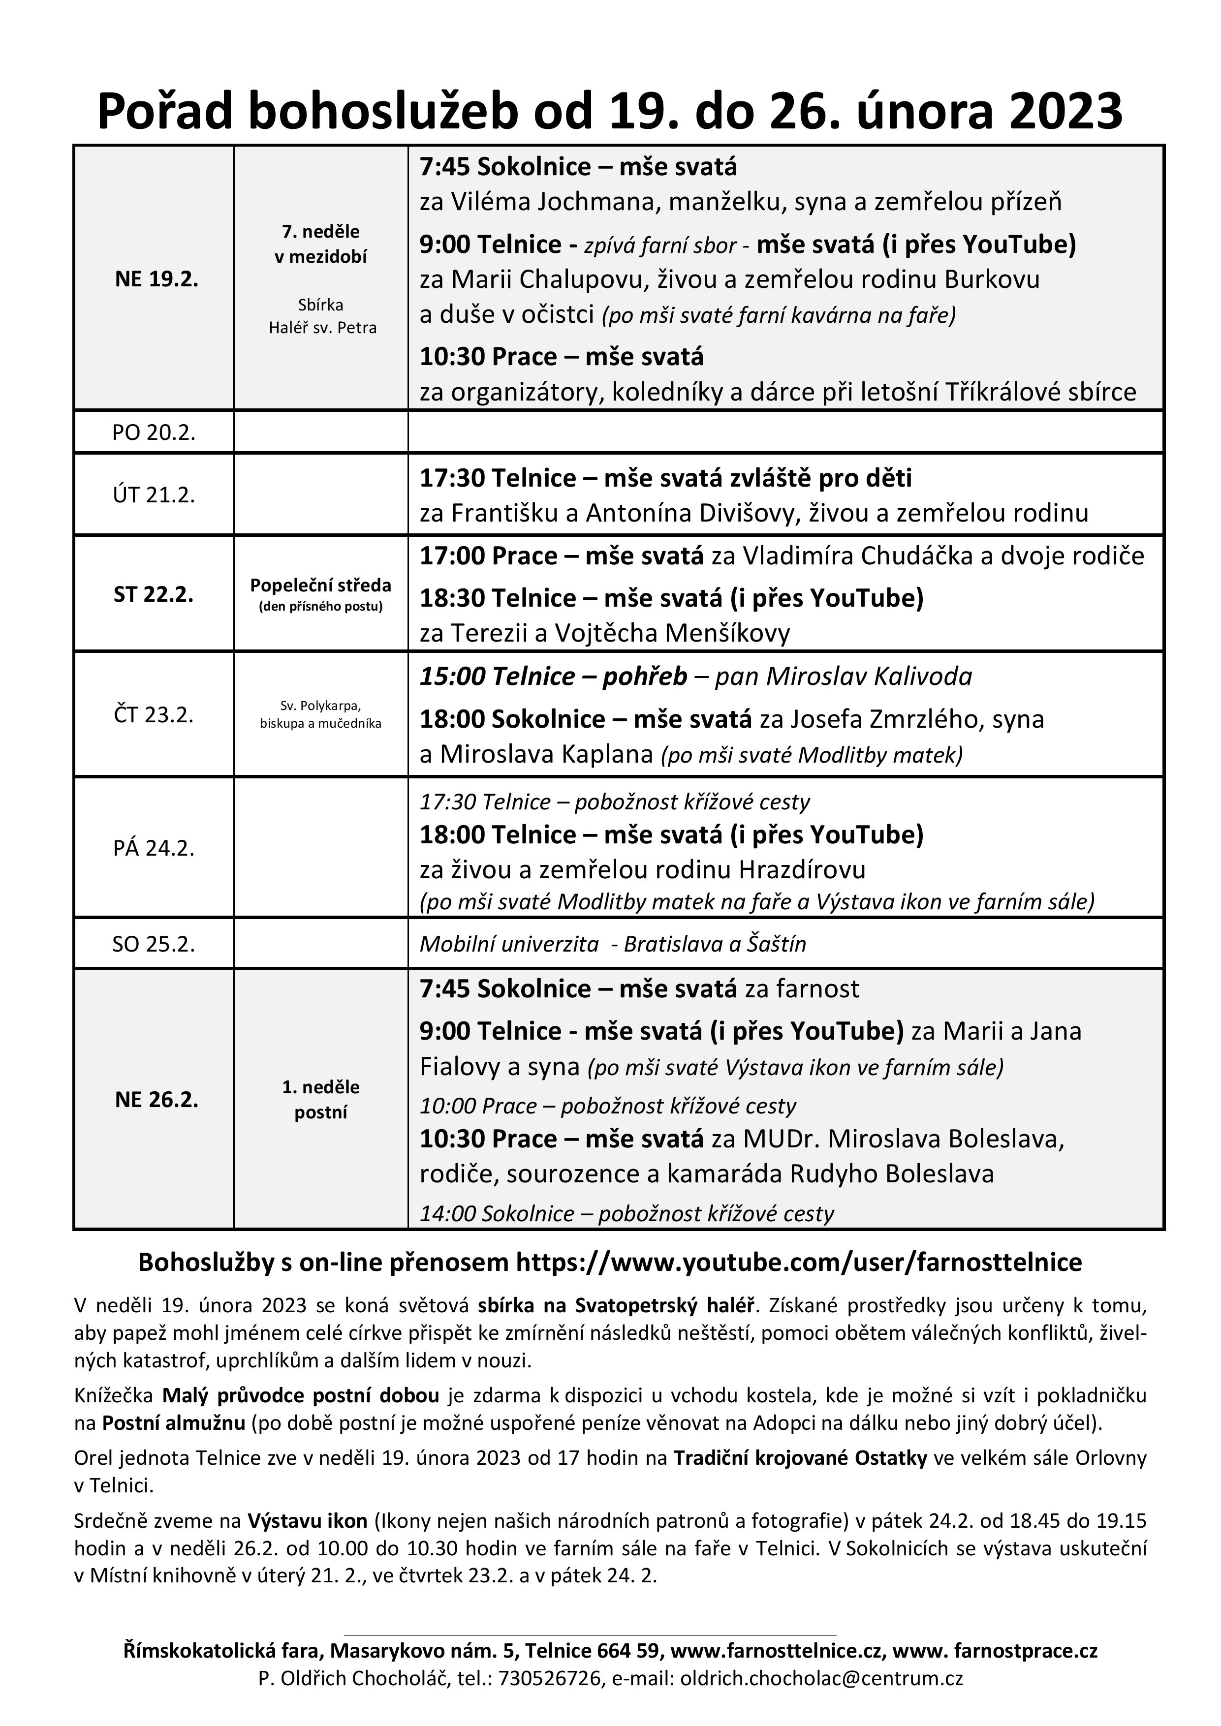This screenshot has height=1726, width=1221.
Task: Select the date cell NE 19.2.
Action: pyautogui.click(x=157, y=279)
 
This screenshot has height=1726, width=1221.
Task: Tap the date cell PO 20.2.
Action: pyautogui.click(x=154, y=433)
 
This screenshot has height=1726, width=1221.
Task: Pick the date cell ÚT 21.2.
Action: pyautogui.click(x=154, y=494)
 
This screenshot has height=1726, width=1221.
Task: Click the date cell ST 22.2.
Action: pyautogui.click(x=154, y=595)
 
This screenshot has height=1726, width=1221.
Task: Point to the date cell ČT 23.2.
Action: pyautogui.click(x=154, y=714)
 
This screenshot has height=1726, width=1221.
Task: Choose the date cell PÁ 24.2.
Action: pyautogui.click(x=154, y=848)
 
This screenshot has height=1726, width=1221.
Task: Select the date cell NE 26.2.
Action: pyautogui.click(x=157, y=1100)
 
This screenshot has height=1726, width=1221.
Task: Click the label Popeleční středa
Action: pyautogui.click(x=320, y=586)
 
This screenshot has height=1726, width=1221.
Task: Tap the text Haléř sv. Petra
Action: pyautogui.click(x=322, y=328)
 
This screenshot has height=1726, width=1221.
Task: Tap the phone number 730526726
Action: pyautogui.click(x=549, y=1694)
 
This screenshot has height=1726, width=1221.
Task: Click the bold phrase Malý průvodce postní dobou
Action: pyautogui.click(x=301, y=1396)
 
